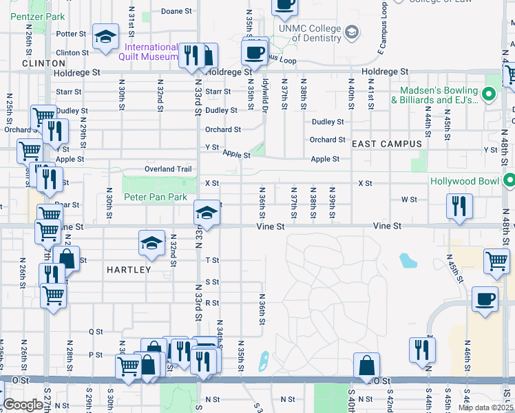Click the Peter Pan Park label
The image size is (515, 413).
point(156,197)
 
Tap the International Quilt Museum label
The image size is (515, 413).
point(151,52)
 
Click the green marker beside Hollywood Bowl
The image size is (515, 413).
point(509,182)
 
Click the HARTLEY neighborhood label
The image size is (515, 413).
point(129,271)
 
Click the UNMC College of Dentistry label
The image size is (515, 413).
point(310,33)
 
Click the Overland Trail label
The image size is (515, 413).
point(167,169)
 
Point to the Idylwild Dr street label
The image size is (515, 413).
point(265,88)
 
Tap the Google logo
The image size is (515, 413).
point(23,405)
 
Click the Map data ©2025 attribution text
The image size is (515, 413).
point(486,407)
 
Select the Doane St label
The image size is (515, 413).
point(176,12)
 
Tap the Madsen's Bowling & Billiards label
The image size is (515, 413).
point(434,96)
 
